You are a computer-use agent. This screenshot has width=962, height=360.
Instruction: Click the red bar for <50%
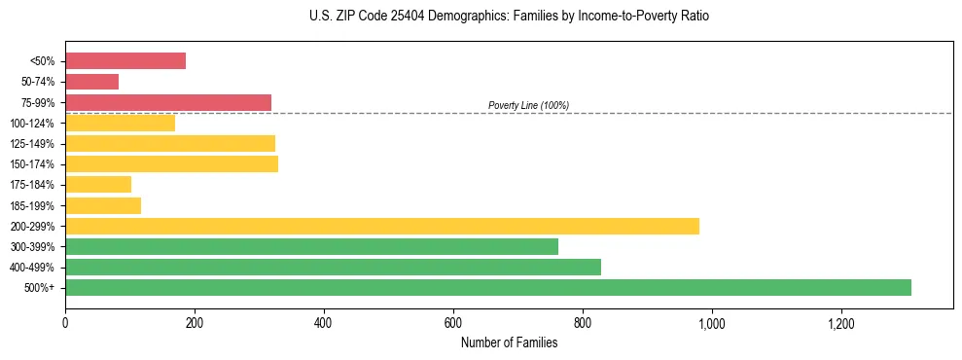coord(125,61)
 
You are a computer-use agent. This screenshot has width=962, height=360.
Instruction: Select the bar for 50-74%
coord(91,82)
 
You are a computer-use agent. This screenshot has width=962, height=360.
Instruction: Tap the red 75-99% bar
coord(167,102)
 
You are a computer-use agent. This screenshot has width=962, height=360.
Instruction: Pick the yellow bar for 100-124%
coord(120,123)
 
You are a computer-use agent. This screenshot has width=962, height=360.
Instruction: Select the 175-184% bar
coord(97,184)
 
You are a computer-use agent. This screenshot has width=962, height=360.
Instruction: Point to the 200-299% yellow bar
coord(381,226)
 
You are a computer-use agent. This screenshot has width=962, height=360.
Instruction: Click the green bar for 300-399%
coord(311,246)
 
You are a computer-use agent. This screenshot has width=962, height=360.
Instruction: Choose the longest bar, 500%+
coord(487,287)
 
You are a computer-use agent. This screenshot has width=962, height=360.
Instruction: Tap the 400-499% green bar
coord(333,267)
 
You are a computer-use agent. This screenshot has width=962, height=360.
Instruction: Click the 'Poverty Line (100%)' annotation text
coord(528,105)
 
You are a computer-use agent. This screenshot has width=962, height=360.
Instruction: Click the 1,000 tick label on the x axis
coord(711,323)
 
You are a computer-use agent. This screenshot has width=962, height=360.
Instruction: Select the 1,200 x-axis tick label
coord(840,323)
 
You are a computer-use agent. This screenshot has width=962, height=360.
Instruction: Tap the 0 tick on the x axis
coord(65,323)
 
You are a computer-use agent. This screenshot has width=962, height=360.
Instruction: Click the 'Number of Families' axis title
coord(509,342)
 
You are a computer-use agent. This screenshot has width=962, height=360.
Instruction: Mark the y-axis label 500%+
coord(41,288)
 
